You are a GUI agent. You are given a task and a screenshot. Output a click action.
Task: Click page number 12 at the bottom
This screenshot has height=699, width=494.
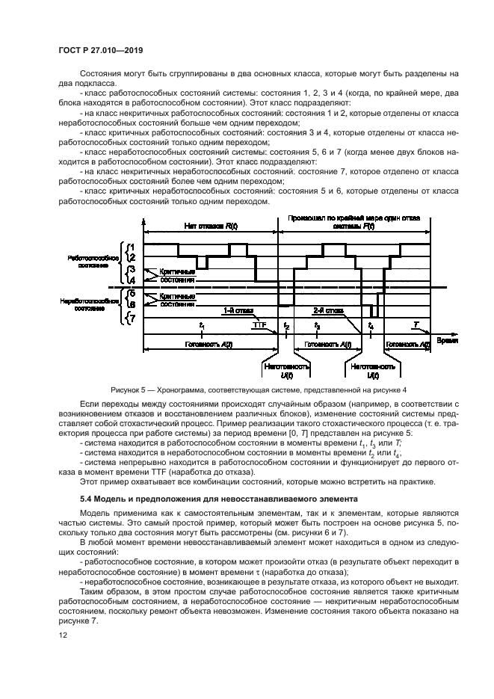click(62, 635)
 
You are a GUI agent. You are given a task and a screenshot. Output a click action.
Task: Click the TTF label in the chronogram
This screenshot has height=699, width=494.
click(259, 324)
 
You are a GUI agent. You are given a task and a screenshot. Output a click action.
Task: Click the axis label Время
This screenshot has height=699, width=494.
click(446, 339)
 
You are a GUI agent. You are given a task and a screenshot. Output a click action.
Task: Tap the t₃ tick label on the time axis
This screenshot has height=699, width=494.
click(318, 326)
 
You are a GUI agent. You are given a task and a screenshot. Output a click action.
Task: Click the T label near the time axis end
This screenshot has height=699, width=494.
click(417, 324)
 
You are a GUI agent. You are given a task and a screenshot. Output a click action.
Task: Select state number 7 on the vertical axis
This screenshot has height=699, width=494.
click(132, 318)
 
